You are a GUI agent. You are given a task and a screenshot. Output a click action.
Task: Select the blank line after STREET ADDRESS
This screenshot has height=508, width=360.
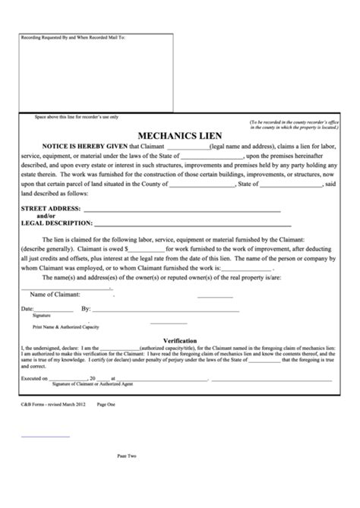point(182,210)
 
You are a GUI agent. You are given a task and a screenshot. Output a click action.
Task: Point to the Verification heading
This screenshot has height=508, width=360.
point(180,341)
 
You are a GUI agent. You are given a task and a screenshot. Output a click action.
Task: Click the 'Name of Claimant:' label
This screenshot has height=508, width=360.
point(58,294)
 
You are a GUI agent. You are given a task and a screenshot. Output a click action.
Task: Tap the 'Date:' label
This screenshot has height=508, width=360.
point(27,309)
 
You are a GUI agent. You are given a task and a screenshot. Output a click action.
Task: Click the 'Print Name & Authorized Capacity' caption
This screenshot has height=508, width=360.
point(64,325)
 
